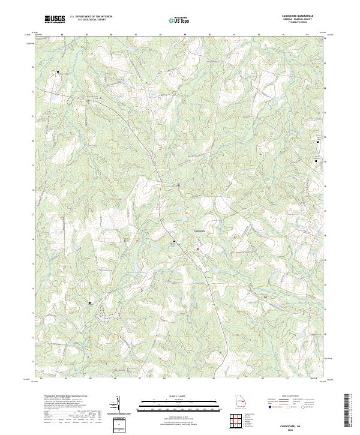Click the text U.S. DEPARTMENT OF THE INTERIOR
point(92,17)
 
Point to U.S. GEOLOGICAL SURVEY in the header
point(92,20)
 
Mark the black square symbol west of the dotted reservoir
point(91,303)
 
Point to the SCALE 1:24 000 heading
point(179,397)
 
